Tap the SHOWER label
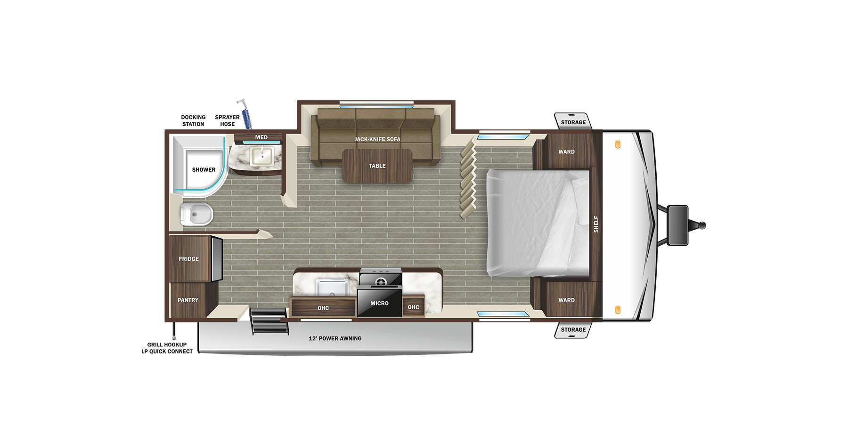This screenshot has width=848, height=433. [204, 169]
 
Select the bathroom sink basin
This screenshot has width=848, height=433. [262, 155]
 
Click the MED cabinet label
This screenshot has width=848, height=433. [261, 137]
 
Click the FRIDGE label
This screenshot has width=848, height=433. [188, 259]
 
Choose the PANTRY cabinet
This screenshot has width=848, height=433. [188, 300]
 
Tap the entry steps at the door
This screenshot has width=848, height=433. [269, 321]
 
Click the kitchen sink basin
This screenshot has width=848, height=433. [332, 287]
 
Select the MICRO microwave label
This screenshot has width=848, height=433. [379, 303]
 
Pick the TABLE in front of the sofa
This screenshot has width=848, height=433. [377, 166]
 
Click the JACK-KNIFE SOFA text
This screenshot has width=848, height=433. [377, 139]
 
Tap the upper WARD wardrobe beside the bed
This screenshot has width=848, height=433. [566, 151]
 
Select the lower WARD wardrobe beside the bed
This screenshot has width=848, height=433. [566, 299]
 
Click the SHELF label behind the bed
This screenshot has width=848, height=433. [596, 224]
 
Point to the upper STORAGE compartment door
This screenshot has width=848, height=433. [573, 121]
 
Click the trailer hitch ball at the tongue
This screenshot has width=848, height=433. [702, 225]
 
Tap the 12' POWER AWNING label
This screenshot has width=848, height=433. [335, 338]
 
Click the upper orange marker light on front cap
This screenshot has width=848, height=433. [618, 144]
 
